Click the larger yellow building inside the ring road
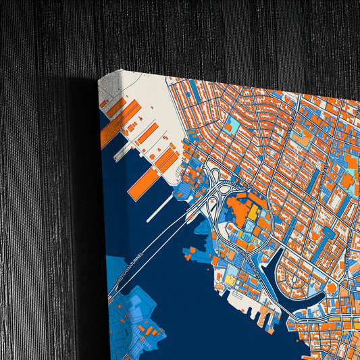[253, 213]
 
